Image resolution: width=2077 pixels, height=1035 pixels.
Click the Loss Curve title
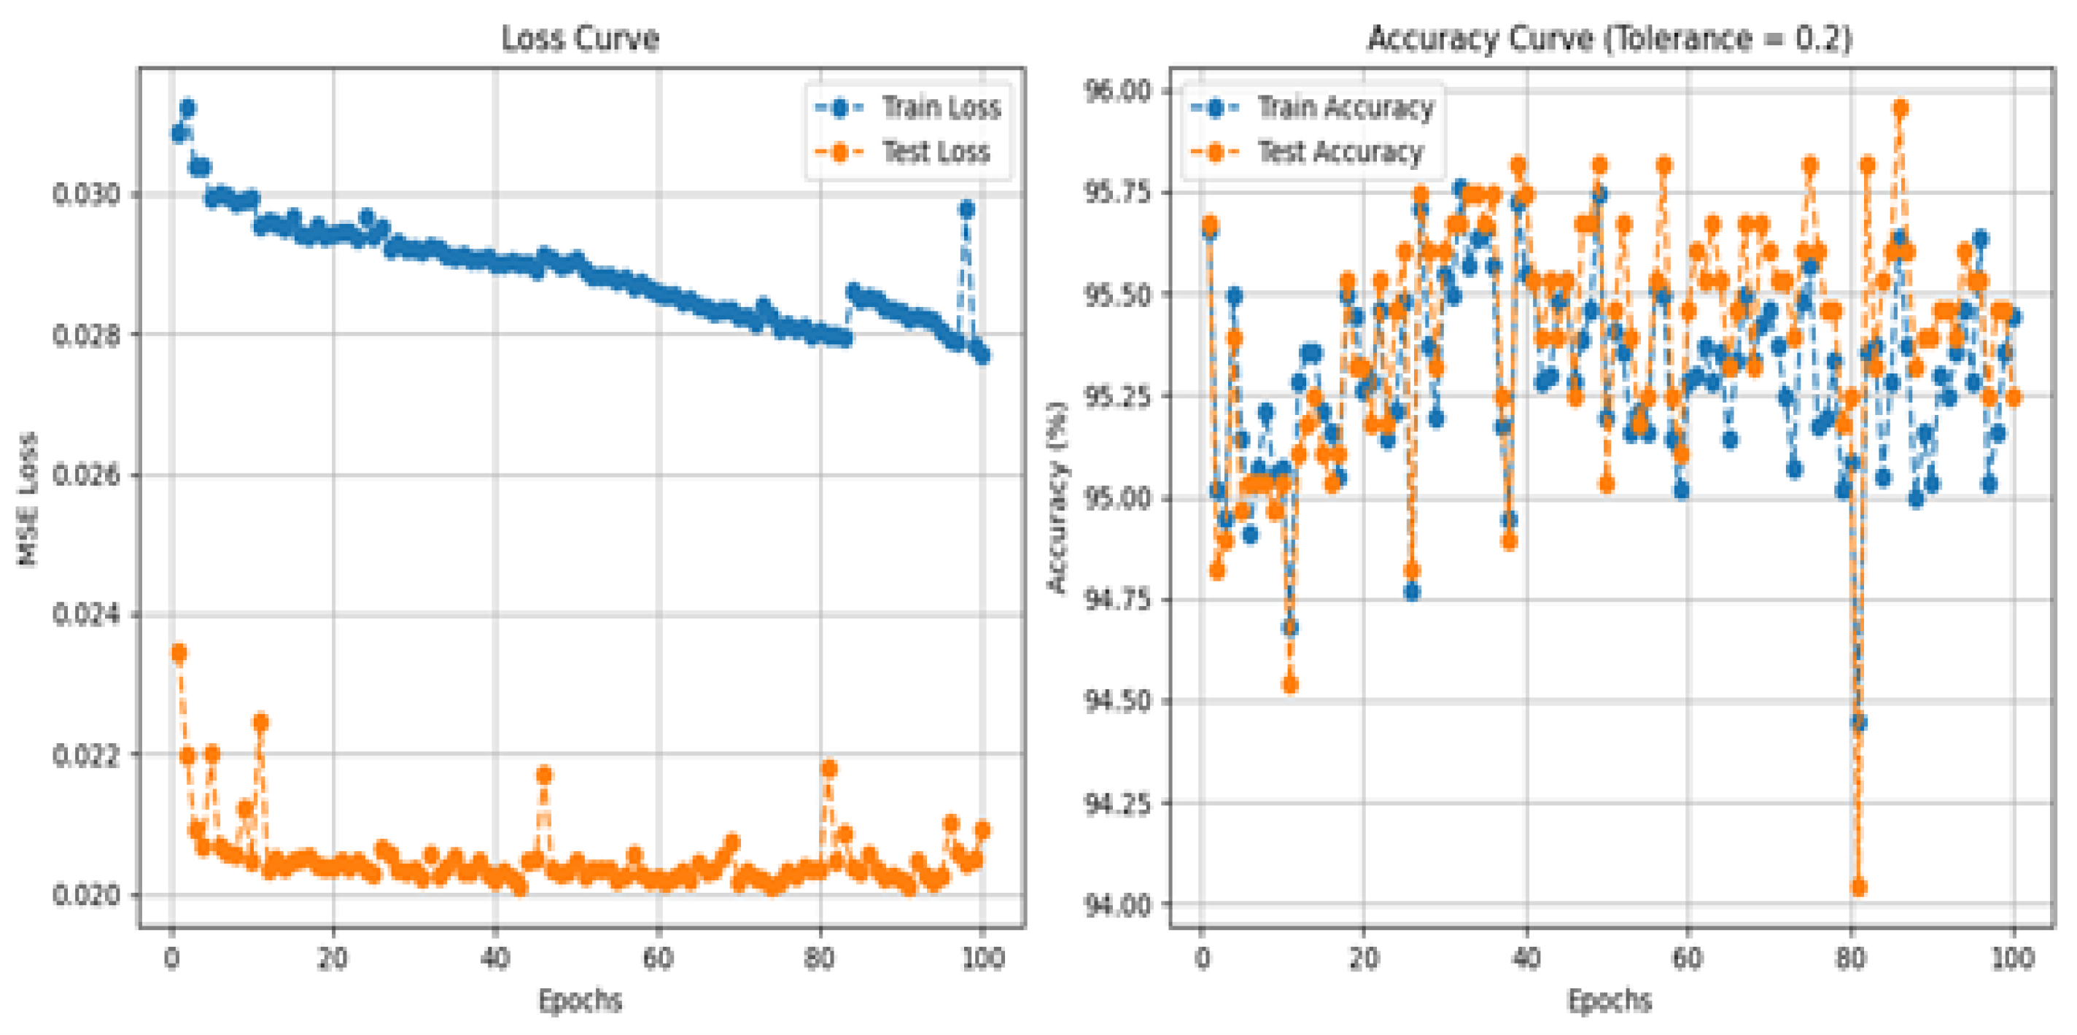point(580,38)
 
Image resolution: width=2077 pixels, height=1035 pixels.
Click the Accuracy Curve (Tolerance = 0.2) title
point(1610,38)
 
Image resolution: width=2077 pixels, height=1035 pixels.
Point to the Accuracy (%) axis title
point(1057,497)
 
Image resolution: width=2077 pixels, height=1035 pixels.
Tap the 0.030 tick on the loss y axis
point(85,195)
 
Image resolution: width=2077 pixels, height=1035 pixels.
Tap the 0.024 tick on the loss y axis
point(85,615)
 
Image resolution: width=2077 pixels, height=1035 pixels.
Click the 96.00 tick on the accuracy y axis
point(1117,90)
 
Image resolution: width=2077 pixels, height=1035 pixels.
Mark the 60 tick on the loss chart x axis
point(658,958)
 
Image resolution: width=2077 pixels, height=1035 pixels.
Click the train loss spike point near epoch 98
point(966,210)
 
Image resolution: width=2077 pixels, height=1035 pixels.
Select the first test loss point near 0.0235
point(179,654)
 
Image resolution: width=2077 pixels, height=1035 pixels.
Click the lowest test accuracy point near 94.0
point(1858,888)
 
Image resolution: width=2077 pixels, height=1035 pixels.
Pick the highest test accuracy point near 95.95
point(1901,108)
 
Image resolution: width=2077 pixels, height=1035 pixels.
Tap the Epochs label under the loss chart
point(580,1000)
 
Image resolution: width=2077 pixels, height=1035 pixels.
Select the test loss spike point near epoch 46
point(544,775)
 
